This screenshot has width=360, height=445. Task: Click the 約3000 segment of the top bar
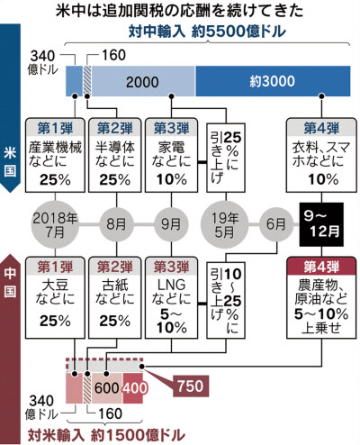tap(273, 81)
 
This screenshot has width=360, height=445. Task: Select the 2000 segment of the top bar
tap(143, 81)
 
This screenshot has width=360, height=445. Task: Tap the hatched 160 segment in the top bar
tap(87, 81)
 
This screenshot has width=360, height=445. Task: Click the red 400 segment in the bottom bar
tap(133, 388)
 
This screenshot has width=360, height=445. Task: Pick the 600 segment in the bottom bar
tap(107, 388)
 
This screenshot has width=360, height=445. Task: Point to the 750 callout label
tap(191, 386)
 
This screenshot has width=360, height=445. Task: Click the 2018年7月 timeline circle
tap(55, 224)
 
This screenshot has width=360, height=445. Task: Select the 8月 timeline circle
tap(116, 224)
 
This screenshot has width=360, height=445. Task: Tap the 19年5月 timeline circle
tap(225, 224)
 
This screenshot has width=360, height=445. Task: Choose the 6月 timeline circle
tap(276, 224)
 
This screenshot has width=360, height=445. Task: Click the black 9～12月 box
tap(321, 224)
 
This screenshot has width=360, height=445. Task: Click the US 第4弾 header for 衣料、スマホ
tap(321, 128)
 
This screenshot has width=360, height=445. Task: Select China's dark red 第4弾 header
tap(321, 266)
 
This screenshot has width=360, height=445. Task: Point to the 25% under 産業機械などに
tap(55, 179)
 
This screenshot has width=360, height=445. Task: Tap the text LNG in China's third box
tap(171, 285)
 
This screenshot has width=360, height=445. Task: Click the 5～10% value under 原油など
tap(321, 314)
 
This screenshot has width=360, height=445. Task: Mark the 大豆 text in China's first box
tap(55, 285)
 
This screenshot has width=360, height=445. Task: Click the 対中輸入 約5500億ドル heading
tap(207, 32)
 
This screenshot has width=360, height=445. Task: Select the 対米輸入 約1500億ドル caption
tap(106, 434)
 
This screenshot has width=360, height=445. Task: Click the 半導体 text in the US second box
tap(115, 147)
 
